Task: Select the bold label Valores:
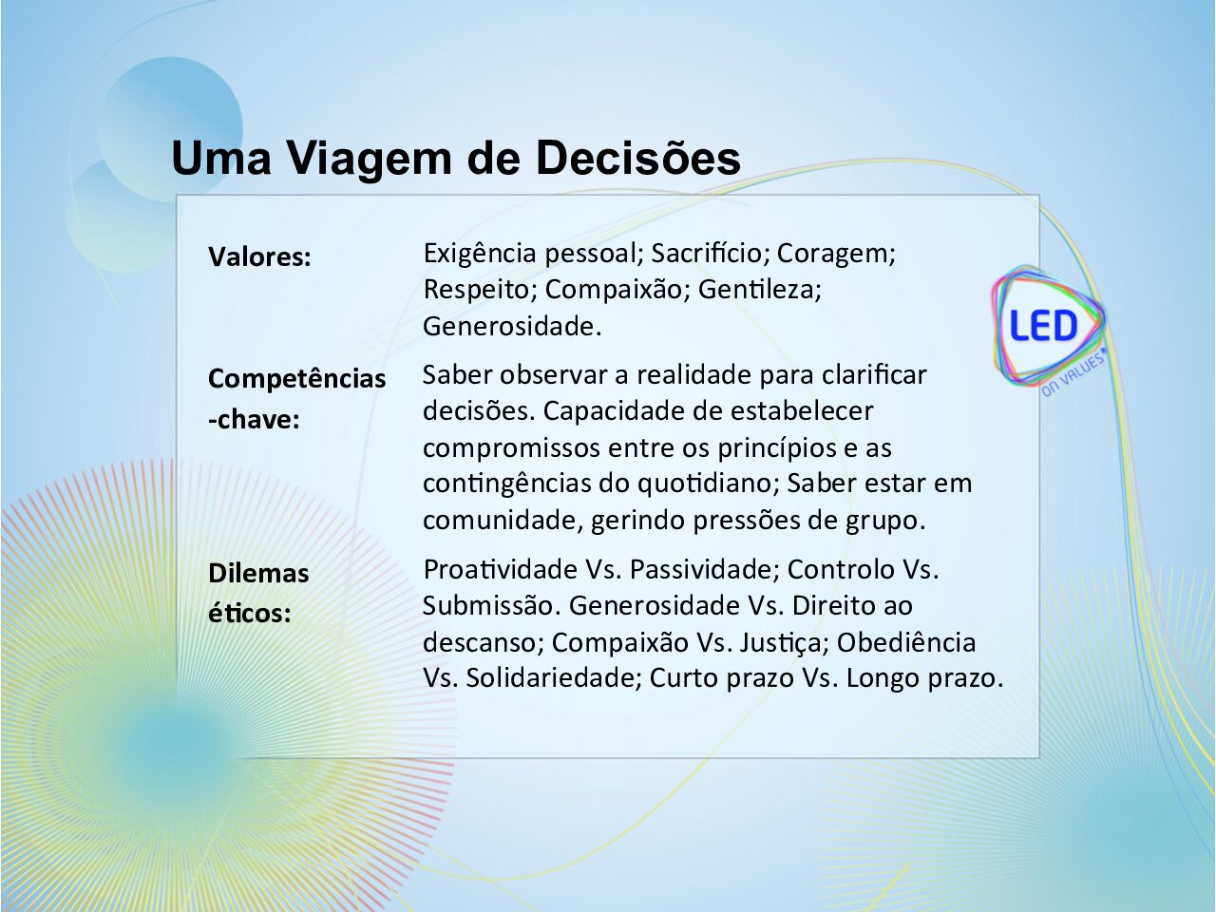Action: point(259,256)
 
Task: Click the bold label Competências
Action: point(297,379)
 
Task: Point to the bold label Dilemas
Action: point(258,573)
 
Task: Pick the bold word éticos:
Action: point(250,613)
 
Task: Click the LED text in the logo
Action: point(1043,325)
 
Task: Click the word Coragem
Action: point(836,255)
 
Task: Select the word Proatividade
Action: point(500,569)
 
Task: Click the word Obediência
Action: point(905,642)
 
